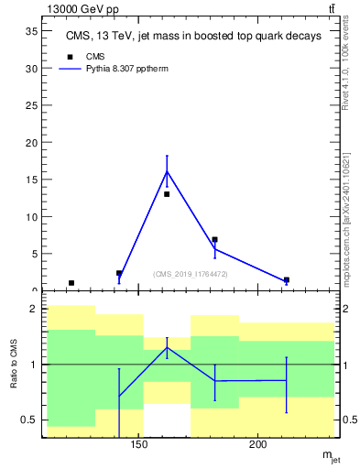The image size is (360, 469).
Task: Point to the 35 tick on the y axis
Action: pyautogui.click(x=30, y=31)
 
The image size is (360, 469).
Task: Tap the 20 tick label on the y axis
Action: pyautogui.click(x=30, y=143)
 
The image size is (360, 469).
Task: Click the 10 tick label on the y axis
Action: pyautogui.click(x=30, y=217)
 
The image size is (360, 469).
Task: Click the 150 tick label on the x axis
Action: pyautogui.click(x=139, y=446)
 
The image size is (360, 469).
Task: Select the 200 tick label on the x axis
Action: pyautogui.click(x=258, y=446)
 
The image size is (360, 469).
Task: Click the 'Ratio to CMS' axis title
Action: pyautogui.click(x=14, y=365)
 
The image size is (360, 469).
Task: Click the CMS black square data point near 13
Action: pyautogui.click(x=167, y=194)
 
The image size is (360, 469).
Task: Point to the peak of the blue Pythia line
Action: pyautogui.click(x=167, y=171)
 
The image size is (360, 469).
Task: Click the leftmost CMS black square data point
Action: pyautogui.click(x=71, y=283)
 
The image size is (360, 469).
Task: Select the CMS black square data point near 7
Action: pyautogui.click(x=214, y=240)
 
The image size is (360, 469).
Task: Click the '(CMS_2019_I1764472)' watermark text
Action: pyautogui.click(x=191, y=274)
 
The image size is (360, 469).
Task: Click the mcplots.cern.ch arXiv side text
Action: pyautogui.click(x=345, y=211)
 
